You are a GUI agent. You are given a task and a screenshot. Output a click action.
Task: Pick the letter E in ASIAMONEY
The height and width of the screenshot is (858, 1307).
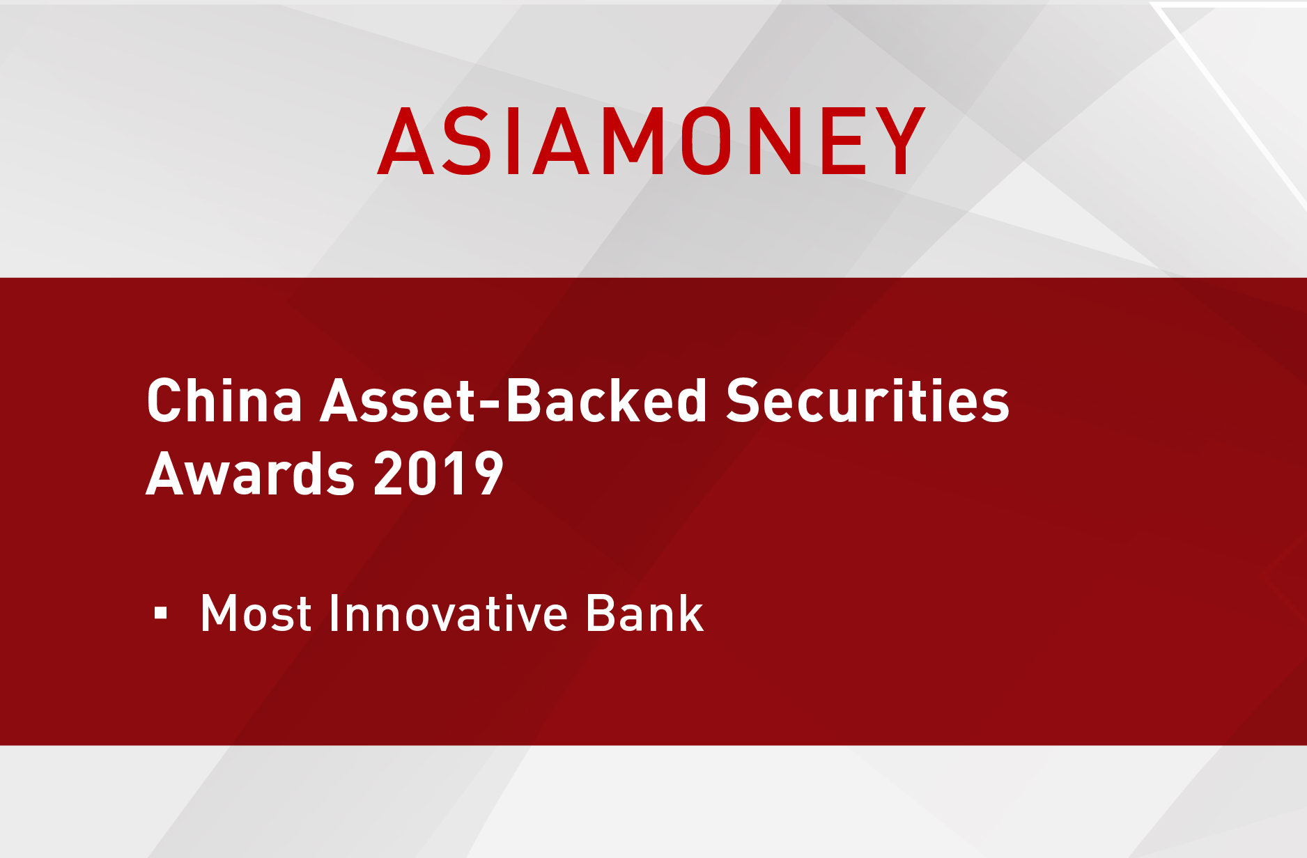click(844, 141)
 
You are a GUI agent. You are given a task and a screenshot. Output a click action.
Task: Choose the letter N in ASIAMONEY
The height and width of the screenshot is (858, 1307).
click(775, 141)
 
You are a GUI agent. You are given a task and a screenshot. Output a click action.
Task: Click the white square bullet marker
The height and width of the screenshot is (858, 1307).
click(161, 613)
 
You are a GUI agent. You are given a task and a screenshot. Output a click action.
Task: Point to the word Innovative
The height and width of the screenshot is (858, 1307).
click(449, 613)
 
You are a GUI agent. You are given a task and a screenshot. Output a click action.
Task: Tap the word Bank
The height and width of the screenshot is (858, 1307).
click(644, 613)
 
